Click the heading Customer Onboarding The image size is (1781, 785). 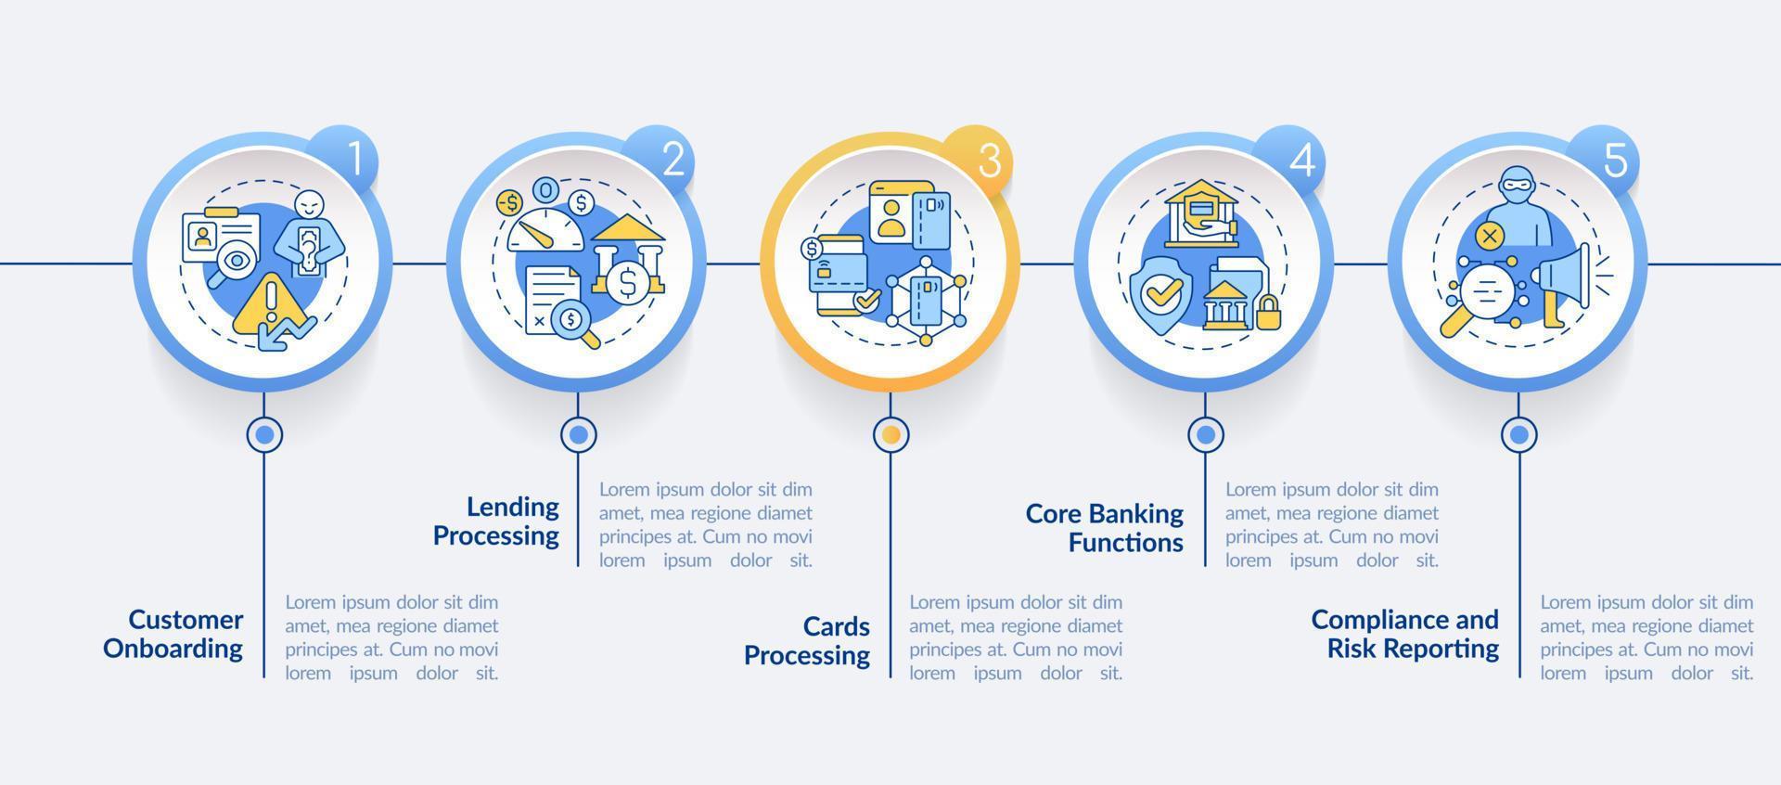point(173,634)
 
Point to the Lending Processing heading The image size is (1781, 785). point(496,521)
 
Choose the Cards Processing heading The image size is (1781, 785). point(807,640)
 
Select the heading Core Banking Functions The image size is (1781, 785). point(1105,528)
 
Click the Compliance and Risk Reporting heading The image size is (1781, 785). point(1405,634)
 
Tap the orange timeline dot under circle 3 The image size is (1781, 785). point(890,433)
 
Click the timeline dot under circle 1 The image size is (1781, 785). point(264,433)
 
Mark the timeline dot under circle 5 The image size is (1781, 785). point(1518,433)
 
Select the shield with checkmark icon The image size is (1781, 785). point(1160,291)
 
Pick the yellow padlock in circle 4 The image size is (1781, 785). point(1267,312)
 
